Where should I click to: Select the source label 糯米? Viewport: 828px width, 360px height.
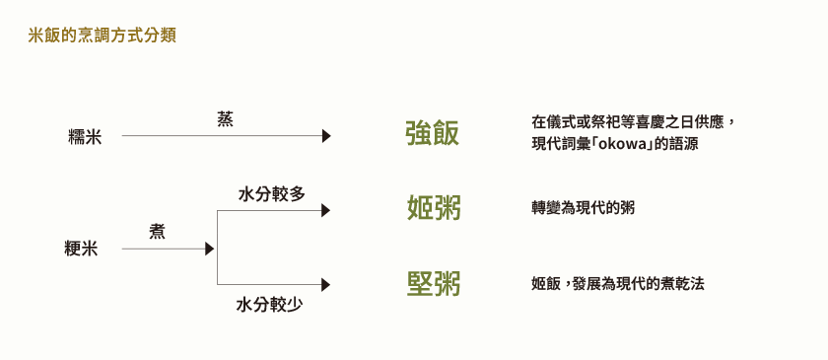(x=85, y=137)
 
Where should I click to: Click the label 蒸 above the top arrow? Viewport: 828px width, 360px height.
(x=225, y=119)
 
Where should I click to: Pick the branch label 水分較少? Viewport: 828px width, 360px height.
(x=269, y=305)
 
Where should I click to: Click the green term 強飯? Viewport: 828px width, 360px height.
(x=433, y=134)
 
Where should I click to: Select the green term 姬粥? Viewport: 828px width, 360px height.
(x=434, y=208)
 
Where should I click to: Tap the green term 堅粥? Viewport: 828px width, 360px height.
(x=434, y=284)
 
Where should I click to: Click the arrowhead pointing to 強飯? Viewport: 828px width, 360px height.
(x=326, y=137)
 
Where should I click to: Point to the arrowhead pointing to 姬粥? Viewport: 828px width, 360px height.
(x=326, y=210)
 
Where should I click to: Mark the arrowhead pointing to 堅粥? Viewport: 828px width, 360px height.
(x=325, y=285)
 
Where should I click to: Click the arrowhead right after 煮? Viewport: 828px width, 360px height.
(x=209, y=250)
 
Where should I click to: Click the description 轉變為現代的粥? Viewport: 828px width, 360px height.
(x=583, y=208)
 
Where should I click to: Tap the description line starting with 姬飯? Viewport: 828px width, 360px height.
(x=618, y=284)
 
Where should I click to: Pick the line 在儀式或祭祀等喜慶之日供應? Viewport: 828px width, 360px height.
(x=632, y=122)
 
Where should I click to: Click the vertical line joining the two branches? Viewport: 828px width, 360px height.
(x=217, y=248)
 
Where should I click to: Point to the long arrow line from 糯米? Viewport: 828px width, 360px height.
(x=222, y=137)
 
